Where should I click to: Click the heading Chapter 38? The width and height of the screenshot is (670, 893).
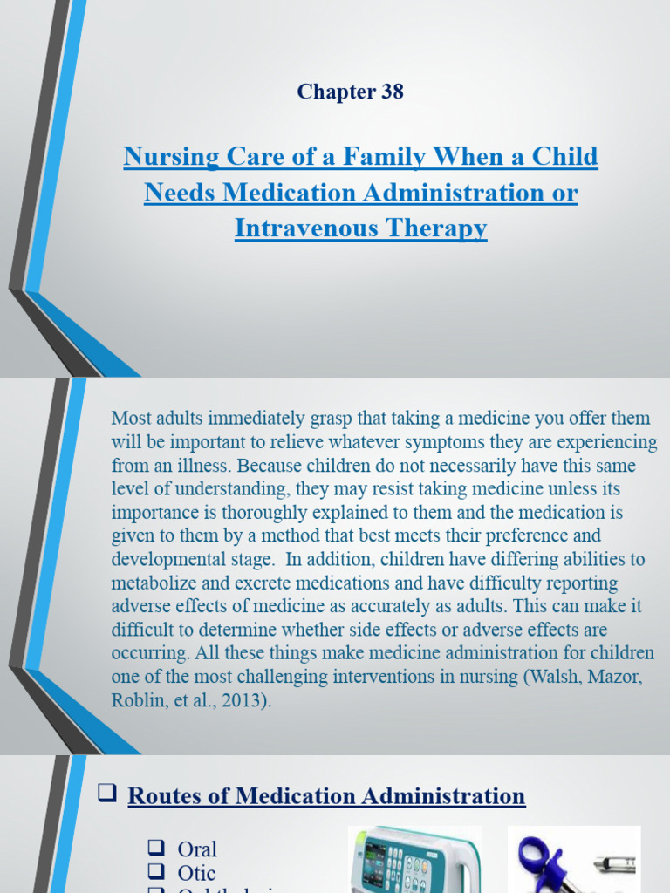click(350, 92)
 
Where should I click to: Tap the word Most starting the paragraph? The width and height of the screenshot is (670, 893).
click(131, 418)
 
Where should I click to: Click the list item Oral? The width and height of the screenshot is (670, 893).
click(197, 849)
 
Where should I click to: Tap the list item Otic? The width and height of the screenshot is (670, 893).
click(196, 873)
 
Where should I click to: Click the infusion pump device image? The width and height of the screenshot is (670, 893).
click(414, 860)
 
